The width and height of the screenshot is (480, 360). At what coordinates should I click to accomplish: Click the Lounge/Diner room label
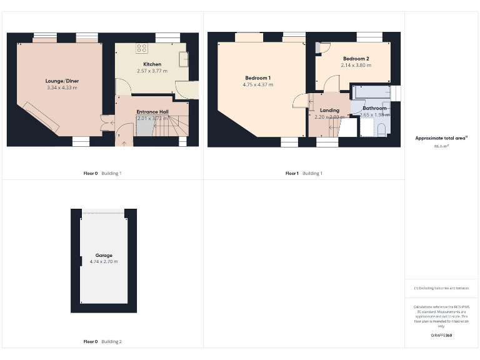[x=62, y=81]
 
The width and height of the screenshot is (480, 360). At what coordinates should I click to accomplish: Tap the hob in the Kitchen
[x=142, y=47]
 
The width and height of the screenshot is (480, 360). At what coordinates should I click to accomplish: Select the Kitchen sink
[x=184, y=59]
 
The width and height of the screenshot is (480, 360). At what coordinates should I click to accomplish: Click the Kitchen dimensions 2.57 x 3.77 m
[x=152, y=71]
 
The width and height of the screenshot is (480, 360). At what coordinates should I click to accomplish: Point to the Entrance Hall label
[x=152, y=112]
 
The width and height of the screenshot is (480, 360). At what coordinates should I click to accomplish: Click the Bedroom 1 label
[x=257, y=77]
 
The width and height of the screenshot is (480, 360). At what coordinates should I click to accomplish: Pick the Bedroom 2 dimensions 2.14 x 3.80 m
[x=356, y=65]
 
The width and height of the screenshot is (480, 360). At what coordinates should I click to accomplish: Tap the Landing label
[x=329, y=110]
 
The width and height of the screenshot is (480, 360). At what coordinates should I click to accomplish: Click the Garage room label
[x=104, y=255]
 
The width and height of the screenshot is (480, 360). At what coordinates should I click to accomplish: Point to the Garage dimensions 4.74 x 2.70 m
[x=104, y=261]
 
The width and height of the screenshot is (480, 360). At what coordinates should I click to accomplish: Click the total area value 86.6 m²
[x=441, y=146]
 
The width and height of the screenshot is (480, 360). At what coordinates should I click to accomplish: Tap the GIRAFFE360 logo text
[x=441, y=336]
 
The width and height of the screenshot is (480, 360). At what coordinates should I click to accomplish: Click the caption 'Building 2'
[x=112, y=342]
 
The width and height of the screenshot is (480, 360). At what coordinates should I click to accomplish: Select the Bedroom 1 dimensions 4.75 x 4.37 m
[x=257, y=84]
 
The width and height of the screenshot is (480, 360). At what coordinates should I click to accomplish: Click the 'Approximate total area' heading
[x=441, y=138]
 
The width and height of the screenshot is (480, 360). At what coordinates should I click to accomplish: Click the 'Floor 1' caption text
[x=292, y=173]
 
